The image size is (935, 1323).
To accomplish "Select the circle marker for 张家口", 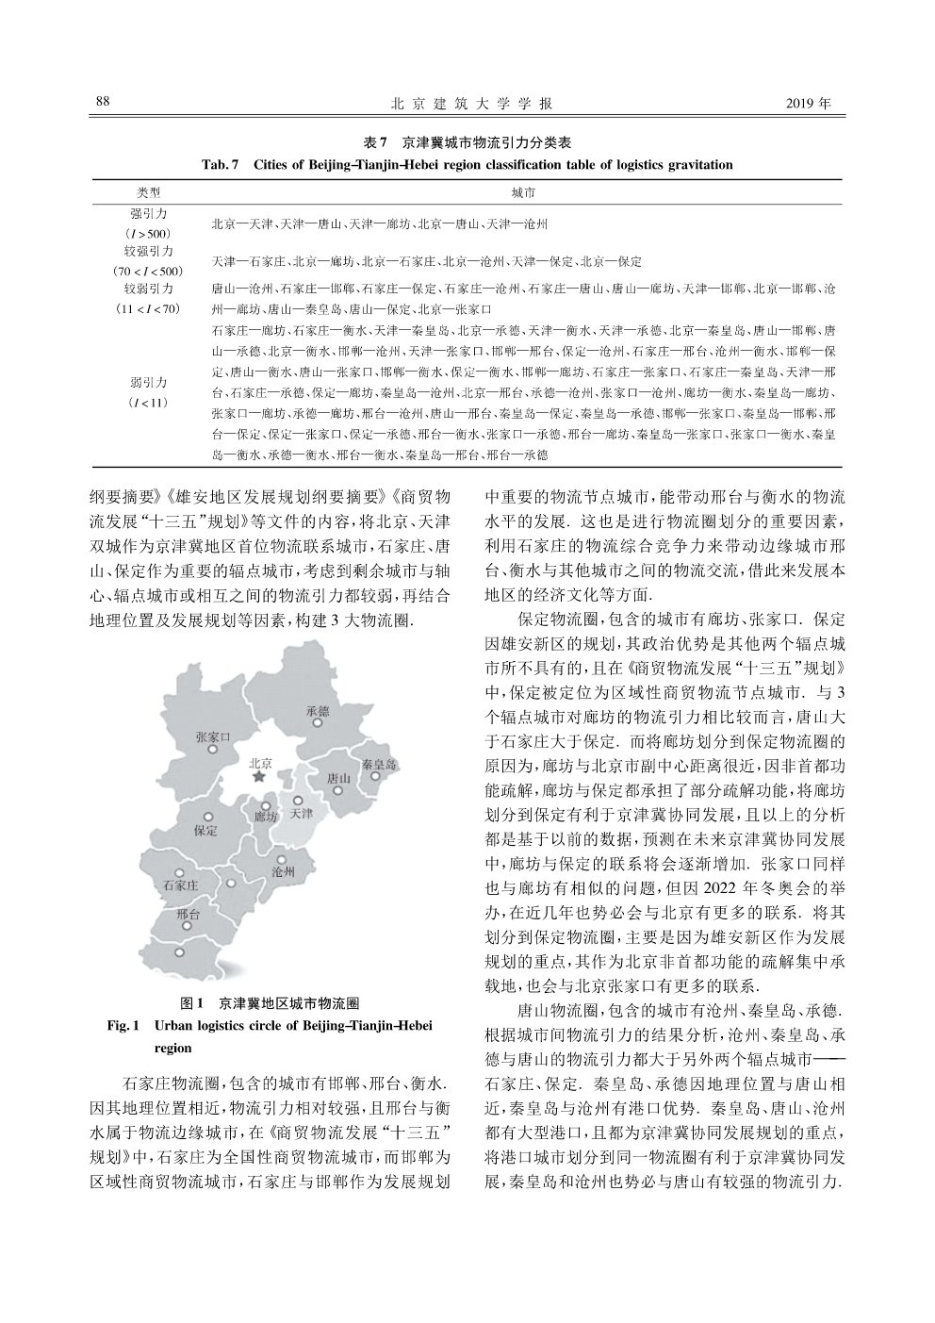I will (x=214, y=751).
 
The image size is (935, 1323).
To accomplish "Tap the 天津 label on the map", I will (x=302, y=813).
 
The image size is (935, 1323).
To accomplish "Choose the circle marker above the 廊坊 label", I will (x=267, y=806).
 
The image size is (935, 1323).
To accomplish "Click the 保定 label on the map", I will (x=205, y=831).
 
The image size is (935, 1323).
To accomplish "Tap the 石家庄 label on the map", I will (x=180, y=885).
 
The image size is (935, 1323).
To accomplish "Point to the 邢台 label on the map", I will (x=188, y=915).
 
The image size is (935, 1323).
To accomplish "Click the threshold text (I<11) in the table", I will (x=148, y=403).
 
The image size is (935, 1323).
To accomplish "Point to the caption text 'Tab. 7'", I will (x=221, y=165).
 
